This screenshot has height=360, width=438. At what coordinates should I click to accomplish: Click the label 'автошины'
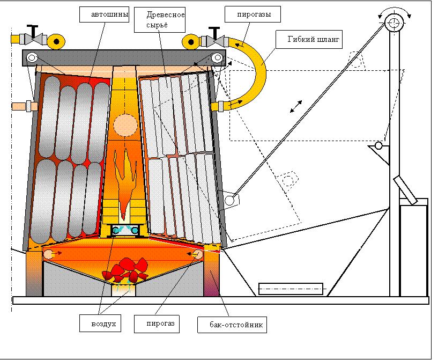coord(103,15)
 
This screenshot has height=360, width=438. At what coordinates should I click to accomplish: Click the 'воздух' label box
coord(98,324)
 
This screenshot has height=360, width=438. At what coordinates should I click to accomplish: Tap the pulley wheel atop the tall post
coord(393,22)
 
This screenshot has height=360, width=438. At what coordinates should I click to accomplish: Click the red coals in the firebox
coord(127,269)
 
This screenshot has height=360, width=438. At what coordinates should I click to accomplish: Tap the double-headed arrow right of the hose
coord(295,106)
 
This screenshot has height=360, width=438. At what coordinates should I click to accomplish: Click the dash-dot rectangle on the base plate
coord(291,289)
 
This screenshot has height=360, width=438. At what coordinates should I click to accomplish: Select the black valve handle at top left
coord(34,30)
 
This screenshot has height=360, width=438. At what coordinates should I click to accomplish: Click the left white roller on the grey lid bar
coord(32,57)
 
